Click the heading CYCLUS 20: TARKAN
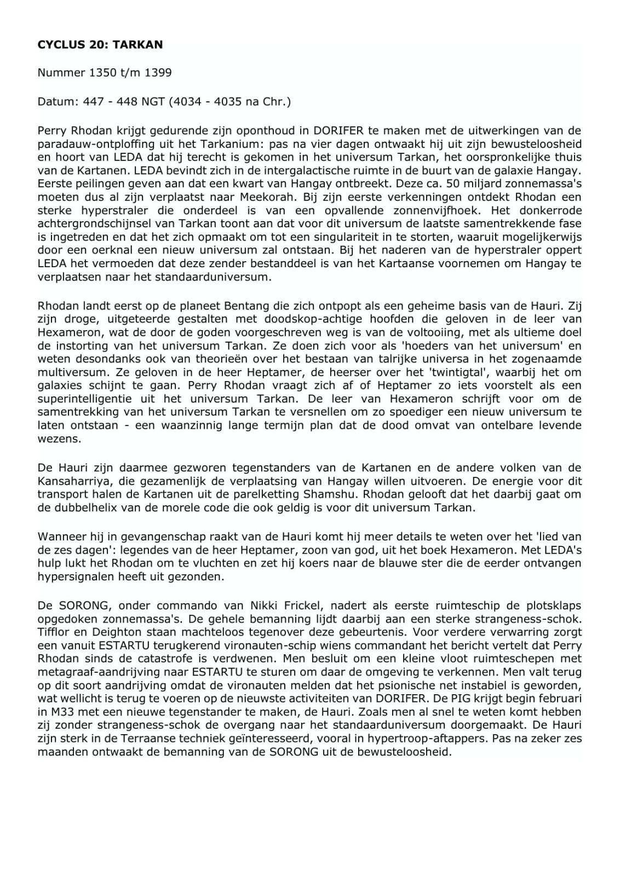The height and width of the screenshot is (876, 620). click(100, 45)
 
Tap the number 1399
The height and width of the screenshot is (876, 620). click(158, 73)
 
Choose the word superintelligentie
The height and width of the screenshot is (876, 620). click(88, 398)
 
